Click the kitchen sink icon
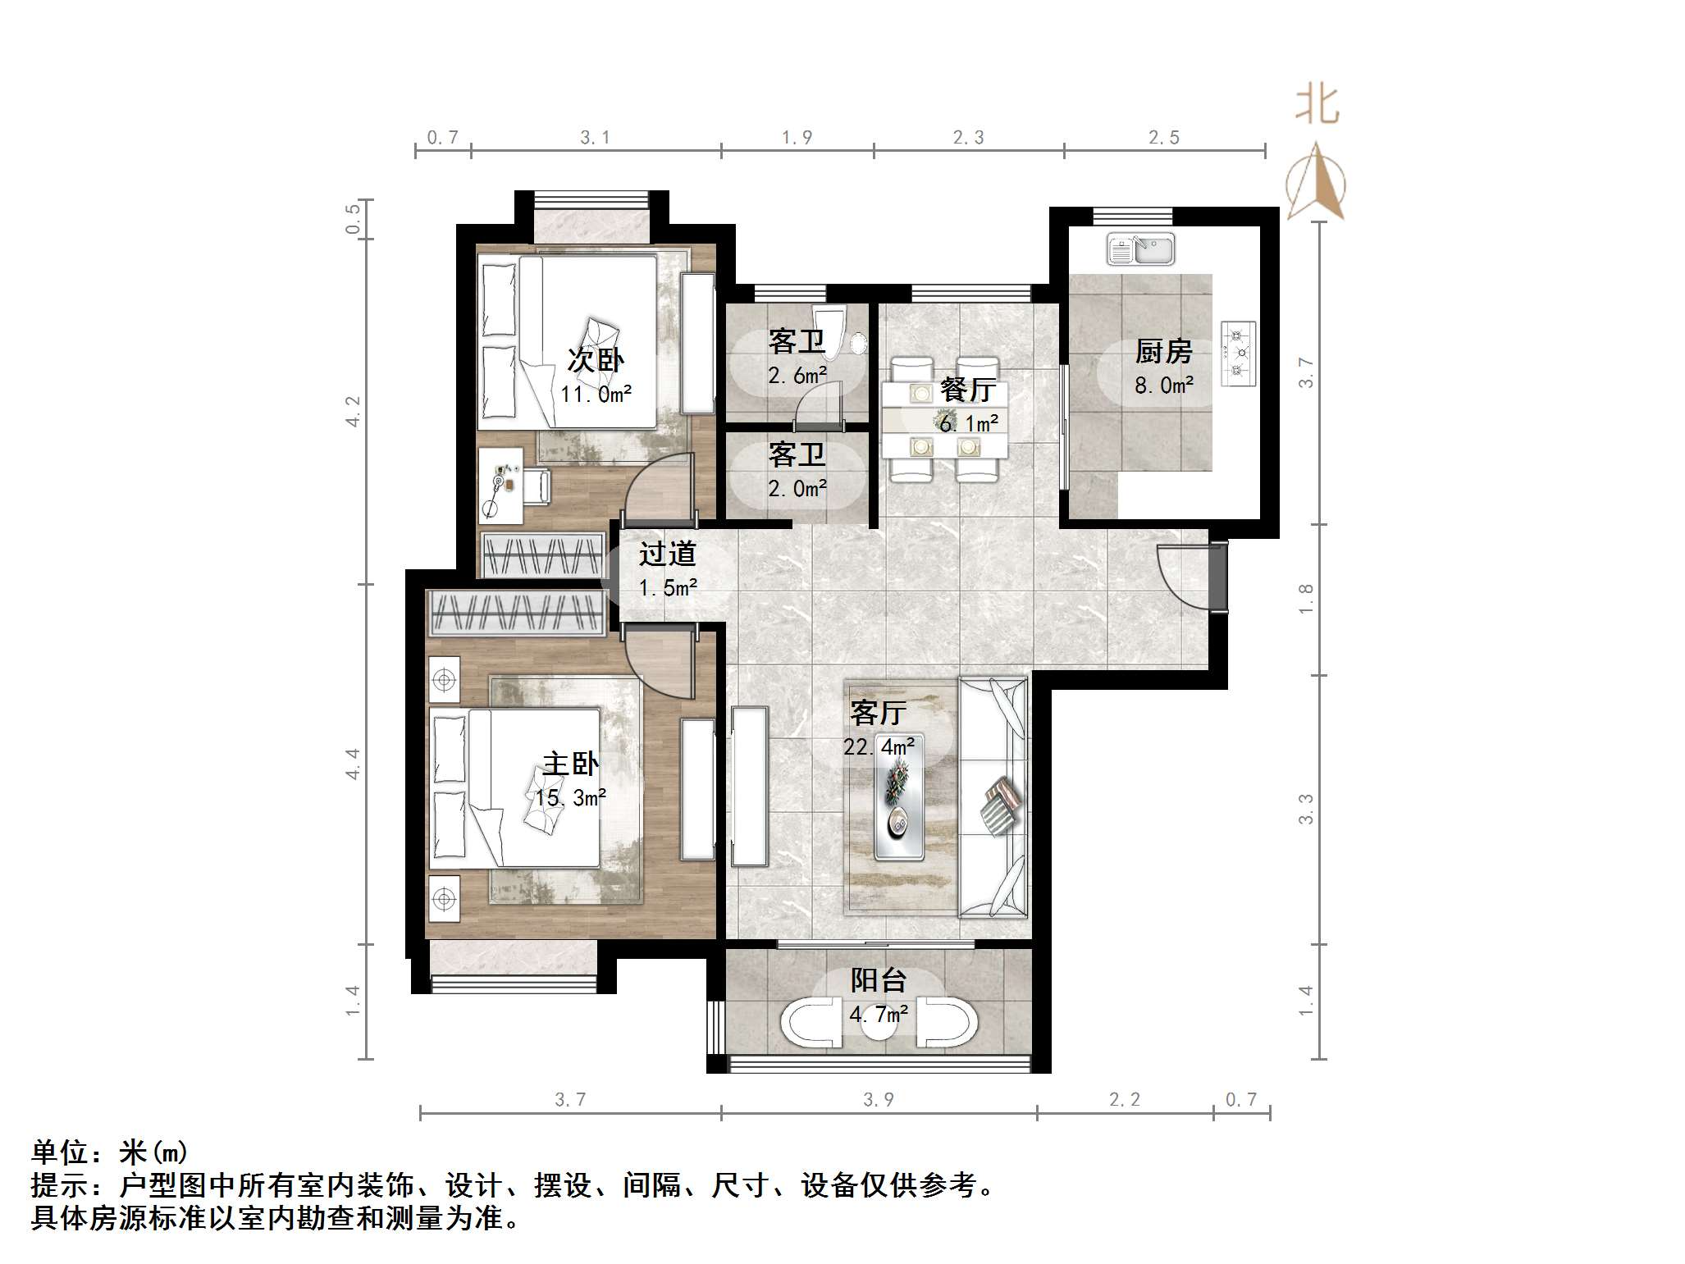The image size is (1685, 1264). [1140, 249]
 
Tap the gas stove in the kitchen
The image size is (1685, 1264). [1239, 353]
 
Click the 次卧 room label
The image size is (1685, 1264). [596, 359]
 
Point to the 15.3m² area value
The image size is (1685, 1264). [571, 797]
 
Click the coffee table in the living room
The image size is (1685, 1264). [898, 796]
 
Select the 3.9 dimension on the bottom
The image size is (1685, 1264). [879, 1100]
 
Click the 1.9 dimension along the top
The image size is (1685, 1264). [797, 138]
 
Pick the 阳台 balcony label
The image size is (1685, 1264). [878, 980]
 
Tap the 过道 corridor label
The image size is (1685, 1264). [668, 554]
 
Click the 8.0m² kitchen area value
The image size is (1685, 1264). [1163, 385]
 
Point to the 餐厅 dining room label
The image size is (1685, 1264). [968, 390]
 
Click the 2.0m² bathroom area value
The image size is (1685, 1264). [797, 489]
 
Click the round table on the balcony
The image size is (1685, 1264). [879, 1027]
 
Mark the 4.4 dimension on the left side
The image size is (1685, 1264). [353, 764]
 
